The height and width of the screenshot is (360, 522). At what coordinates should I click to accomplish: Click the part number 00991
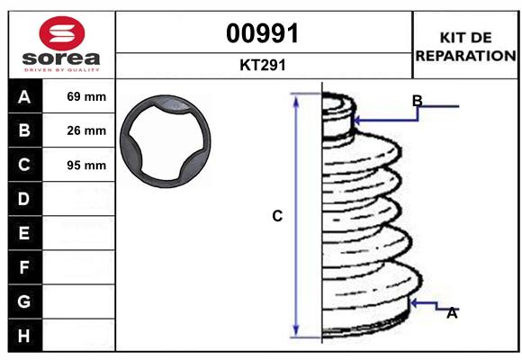263,33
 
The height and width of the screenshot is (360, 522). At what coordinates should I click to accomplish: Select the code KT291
263,65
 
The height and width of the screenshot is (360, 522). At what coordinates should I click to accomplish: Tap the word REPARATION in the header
465,55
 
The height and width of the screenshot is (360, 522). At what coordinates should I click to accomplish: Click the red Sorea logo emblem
61,33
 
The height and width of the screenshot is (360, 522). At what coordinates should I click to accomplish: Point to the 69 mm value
86,96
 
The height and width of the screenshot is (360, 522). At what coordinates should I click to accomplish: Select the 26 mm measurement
86,130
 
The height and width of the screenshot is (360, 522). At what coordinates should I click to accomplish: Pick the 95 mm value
86,165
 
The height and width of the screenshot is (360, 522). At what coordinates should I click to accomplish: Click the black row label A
24,96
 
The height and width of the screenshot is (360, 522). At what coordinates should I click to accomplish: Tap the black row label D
24,199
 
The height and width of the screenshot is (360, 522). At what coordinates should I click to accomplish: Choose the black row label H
24,335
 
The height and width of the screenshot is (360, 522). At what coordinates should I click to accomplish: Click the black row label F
24,267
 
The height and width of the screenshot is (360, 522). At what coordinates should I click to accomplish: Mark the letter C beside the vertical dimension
277,216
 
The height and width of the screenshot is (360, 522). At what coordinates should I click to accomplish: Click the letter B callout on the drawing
417,100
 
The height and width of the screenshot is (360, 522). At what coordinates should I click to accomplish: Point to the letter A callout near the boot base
452,312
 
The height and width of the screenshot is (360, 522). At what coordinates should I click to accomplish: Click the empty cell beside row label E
86,233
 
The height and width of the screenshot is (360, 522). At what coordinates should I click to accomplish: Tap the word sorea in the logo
61,58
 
